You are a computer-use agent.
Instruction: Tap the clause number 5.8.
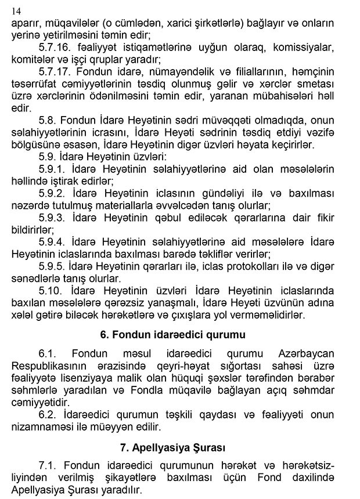48,121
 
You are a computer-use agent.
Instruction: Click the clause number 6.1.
48,354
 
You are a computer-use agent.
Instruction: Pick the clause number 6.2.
48,414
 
